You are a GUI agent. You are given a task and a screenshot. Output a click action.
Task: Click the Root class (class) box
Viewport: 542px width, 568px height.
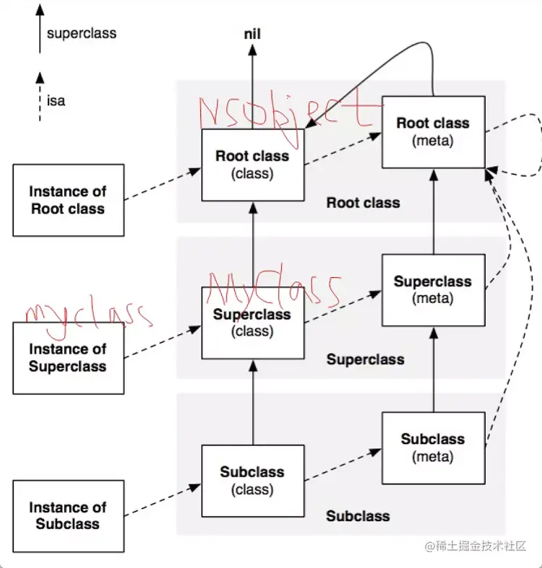click(x=252, y=165)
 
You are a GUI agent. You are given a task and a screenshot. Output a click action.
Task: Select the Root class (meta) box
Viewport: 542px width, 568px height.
click(x=433, y=132)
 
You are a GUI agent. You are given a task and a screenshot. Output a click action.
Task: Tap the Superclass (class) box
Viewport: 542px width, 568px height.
click(x=252, y=323)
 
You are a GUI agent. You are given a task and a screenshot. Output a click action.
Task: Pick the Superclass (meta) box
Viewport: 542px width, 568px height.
click(x=433, y=289)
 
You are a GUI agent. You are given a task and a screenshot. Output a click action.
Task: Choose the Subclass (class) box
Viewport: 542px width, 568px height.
click(x=252, y=481)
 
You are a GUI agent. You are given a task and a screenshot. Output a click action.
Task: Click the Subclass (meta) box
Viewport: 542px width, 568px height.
click(x=433, y=447)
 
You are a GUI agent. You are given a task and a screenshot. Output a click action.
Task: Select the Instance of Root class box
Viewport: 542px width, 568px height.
click(x=68, y=200)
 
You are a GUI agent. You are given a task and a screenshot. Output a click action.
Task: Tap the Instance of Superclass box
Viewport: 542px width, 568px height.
click(x=68, y=358)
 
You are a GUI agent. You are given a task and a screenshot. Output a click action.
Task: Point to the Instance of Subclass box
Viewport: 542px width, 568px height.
click(x=68, y=516)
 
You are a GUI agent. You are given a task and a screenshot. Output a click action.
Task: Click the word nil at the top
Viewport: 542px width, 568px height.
click(x=252, y=35)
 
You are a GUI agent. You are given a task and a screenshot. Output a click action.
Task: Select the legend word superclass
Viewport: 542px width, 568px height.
click(x=81, y=33)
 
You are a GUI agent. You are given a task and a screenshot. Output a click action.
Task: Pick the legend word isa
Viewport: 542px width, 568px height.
click(x=56, y=101)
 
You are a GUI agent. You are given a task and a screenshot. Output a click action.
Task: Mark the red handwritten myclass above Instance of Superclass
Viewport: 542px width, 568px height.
click(x=87, y=315)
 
